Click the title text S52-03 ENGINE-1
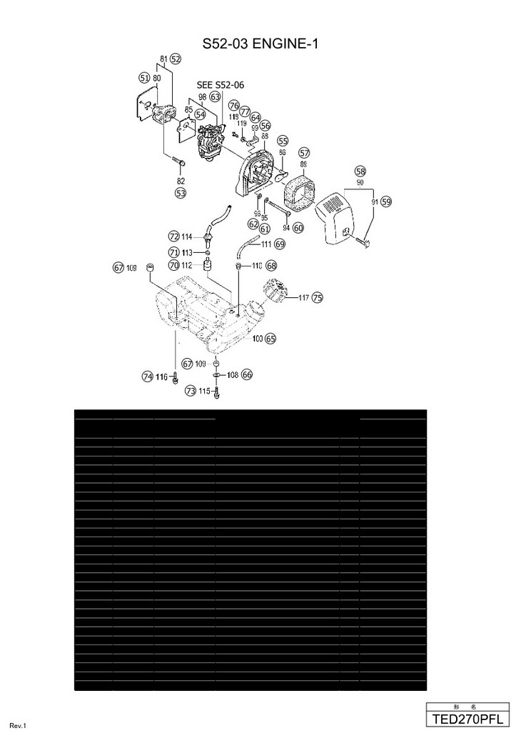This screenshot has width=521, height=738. click(x=260, y=44)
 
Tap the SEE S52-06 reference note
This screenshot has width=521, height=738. click(x=220, y=85)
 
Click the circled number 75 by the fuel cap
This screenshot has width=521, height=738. click(x=317, y=297)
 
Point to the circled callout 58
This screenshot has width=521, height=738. click(x=360, y=171)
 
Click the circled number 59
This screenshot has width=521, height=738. click(x=386, y=202)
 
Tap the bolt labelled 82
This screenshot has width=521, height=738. click(x=178, y=164)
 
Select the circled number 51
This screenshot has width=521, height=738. click(x=144, y=77)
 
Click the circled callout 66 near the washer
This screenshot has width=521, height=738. click(x=247, y=374)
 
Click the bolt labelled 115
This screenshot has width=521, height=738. click(x=216, y=392)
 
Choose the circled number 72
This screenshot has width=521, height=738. click(x=173, y=236)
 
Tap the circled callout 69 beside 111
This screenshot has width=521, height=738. click(x=280, y=244)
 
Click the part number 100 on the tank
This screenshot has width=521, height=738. click(x=257, y=339)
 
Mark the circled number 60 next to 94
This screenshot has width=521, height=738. click(x=298, y=228)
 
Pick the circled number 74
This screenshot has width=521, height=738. click(x=147, y=377)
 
